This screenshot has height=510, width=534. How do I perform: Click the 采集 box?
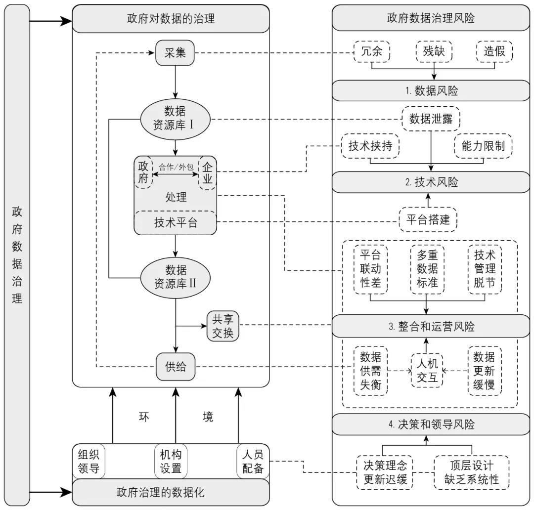click(175, 52)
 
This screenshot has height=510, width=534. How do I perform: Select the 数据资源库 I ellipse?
click(175, 119)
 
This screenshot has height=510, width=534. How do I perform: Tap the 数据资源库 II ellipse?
click(175, 277)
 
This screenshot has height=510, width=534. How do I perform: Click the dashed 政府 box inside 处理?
click(143, 172)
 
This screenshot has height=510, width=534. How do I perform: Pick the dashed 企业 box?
click(207, 172)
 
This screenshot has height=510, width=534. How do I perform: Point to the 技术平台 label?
click(175, 223)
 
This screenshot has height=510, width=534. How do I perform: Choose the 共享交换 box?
click(222, 325)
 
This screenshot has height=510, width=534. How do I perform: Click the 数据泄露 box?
click(432, 119)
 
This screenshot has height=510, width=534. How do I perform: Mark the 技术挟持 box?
click(371, 146)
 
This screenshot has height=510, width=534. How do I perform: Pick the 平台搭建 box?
click(428, 219)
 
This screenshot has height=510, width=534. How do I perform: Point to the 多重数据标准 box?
click(427, 269)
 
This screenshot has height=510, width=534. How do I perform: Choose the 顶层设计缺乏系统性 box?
click(471, 472)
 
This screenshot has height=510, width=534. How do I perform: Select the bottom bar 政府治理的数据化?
click(171, 492)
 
